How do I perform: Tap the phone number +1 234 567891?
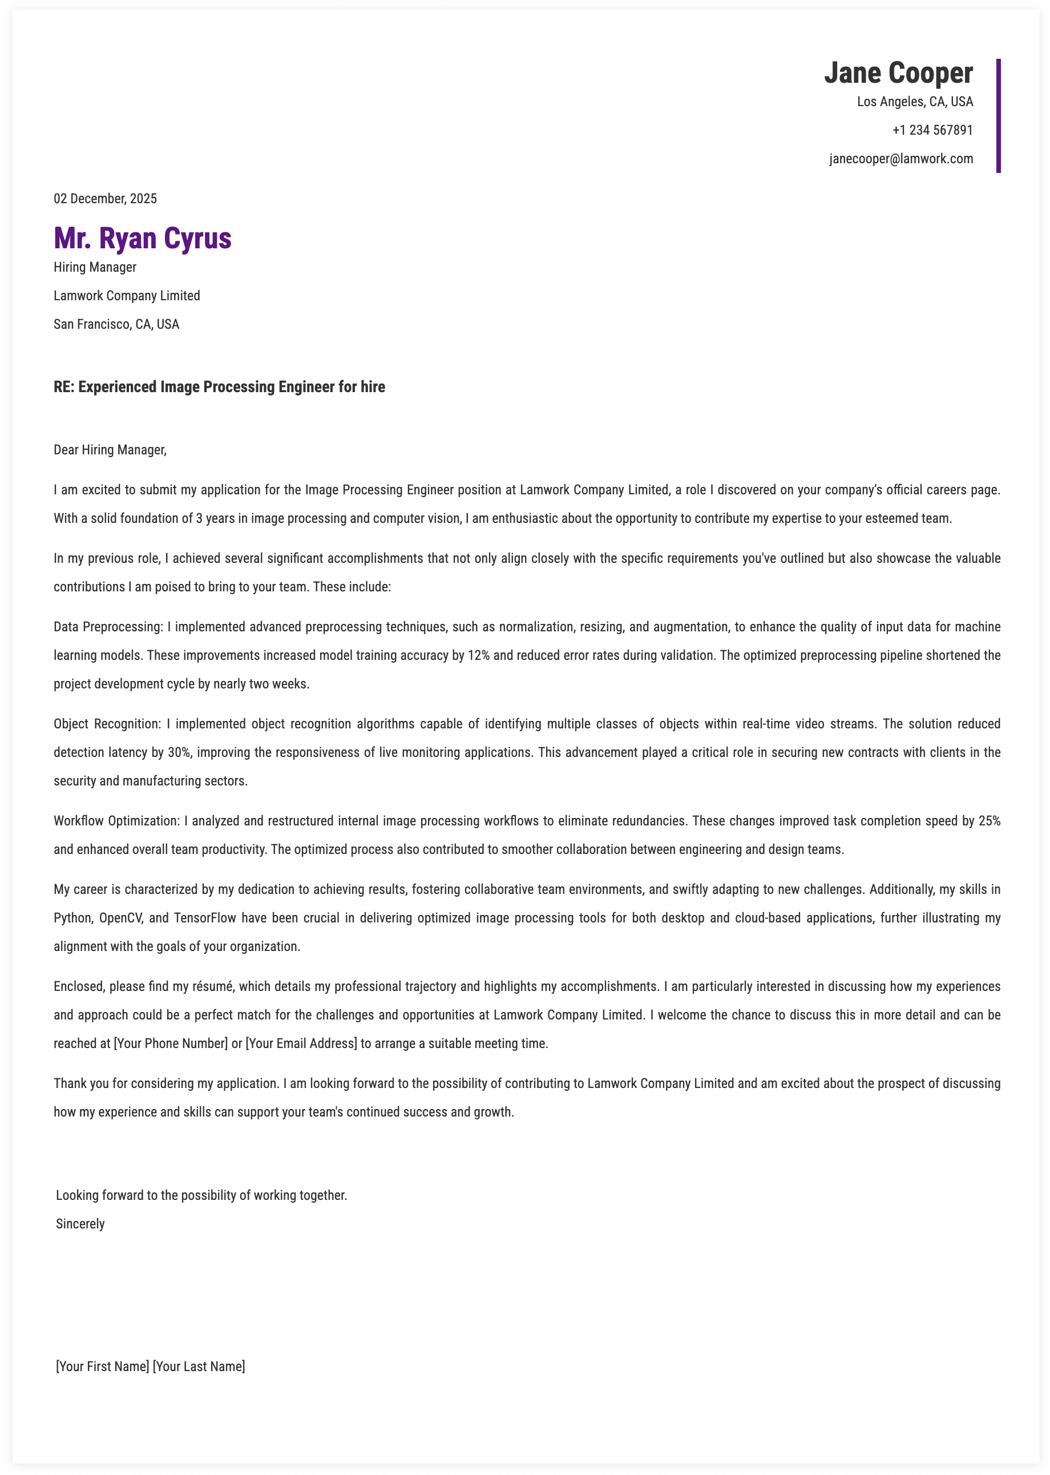tap(932, 131)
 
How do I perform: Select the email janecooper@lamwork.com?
tap(900, 159)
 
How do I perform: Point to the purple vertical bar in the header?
tap(998, 116)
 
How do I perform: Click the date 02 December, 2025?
tap(106, 199)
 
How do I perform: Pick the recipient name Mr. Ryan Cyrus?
tap(142, 238)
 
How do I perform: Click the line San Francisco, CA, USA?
tap(116, 325)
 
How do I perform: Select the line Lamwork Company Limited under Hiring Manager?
tap(127, 296)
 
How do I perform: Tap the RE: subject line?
tap(219, 386)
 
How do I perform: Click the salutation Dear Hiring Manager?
tap(110, 450)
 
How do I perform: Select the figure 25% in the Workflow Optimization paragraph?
tap(989, 821)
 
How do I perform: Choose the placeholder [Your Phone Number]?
tap(171, 1043)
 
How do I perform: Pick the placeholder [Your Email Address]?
tap(301, 1043)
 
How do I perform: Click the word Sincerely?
tap(80, 1224)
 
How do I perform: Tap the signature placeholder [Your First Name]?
tap(103, 1367)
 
